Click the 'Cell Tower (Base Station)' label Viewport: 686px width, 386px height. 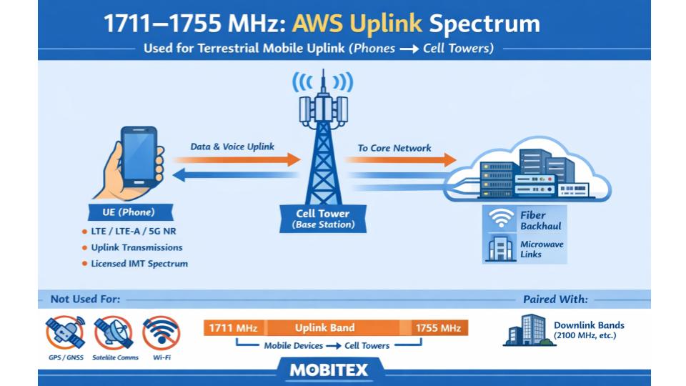tap(323, 219)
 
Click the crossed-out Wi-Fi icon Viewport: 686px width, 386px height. tap(161, 333)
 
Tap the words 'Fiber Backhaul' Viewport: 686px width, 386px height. tap(540, 220)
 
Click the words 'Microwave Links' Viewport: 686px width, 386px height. tap(541, 249)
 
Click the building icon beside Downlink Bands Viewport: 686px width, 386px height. tap(528, 330)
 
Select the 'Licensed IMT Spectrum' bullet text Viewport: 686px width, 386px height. tap(139, 264)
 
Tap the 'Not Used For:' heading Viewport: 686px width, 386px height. tap(85, 299)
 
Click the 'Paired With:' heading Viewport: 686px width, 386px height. tap(555, 299)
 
